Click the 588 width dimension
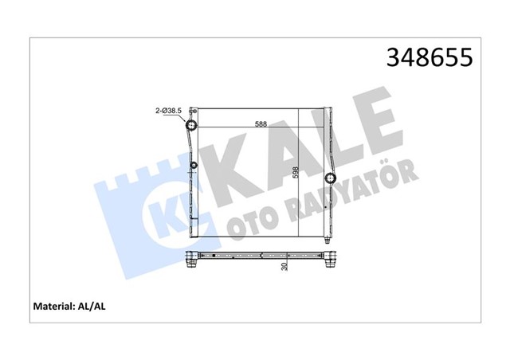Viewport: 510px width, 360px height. (x=261, y=123)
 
